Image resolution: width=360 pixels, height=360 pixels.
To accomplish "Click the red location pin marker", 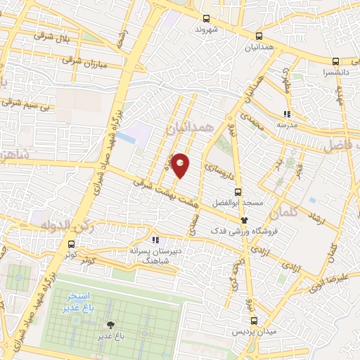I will [x=181, y=165].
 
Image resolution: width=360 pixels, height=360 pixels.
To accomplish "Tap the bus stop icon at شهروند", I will [x=206, y=19].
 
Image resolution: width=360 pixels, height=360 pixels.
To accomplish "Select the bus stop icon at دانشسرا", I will [x=336, y=60].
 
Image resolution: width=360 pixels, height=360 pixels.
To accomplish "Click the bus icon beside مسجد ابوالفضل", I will [x=238, y=191].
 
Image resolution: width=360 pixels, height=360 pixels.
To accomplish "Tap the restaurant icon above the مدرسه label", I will [x=286, y=113].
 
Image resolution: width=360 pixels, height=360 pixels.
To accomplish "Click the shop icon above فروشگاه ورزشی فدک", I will [x=244, y=219].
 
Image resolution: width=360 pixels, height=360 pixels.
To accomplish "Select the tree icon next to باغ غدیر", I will [x=110, y=325].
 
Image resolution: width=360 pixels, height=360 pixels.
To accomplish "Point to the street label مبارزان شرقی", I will [x=88, y=64].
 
